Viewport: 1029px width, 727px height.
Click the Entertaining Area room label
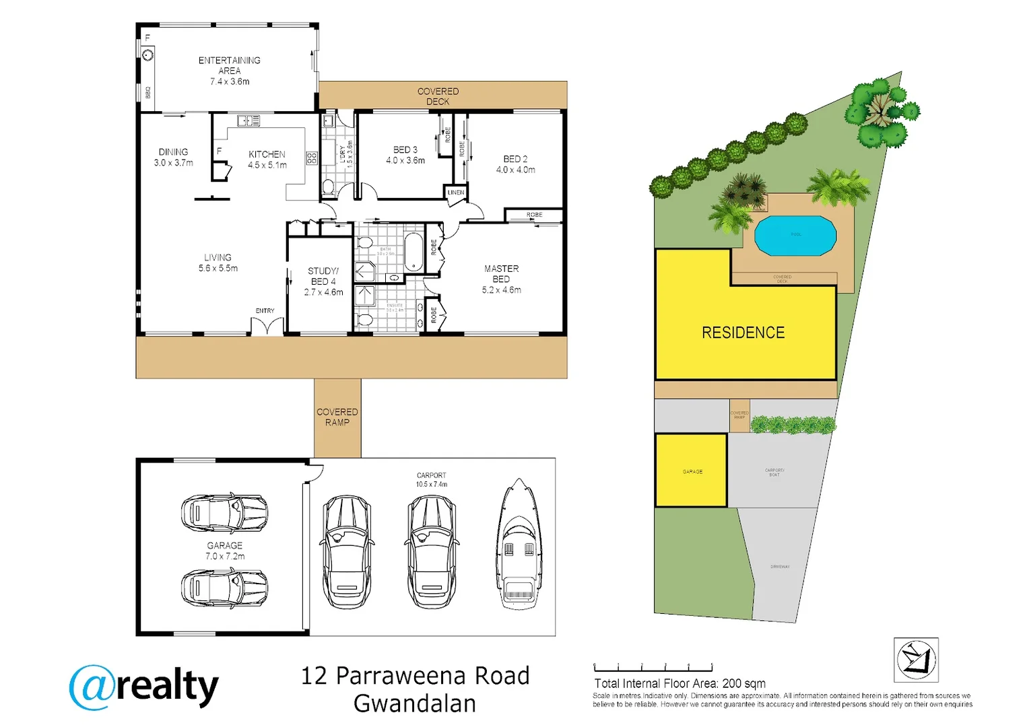[229, 70]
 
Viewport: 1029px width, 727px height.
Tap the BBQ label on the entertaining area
[148, 92]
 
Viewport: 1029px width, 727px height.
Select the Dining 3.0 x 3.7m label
[173, 157]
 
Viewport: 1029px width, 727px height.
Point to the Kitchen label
[267, 159]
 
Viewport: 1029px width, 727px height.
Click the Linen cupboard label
[456, 193]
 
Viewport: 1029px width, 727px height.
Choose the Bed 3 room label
[405, 155]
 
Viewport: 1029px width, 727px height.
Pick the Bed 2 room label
[515, 164]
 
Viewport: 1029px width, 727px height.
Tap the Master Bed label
[501, 279]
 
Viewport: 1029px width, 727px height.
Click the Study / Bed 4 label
[323, 281]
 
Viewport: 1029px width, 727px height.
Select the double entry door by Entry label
[267, 326]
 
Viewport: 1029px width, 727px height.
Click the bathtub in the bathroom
[413, 252]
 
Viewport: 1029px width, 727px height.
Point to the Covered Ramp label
[337, 417]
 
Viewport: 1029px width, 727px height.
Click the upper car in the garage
[224, 513]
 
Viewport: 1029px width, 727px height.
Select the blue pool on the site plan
[795, 236]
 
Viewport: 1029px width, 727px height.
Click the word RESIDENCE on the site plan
[743, 333]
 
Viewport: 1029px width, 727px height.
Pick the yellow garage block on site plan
[691, 471]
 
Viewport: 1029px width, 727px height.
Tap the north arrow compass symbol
[916, 660]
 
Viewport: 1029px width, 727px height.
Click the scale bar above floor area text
[653, 668]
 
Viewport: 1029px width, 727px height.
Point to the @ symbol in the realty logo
[91, 688]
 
